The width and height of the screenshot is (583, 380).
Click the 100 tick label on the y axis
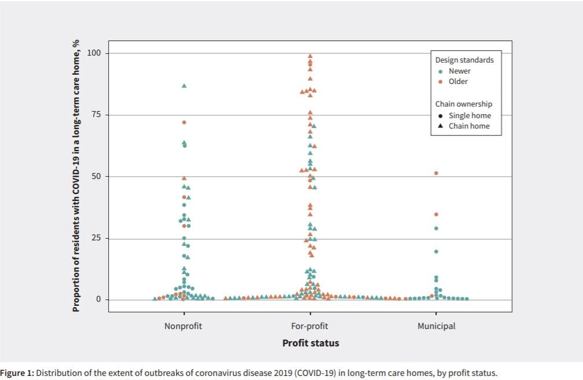94,53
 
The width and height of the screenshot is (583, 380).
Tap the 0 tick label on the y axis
98,299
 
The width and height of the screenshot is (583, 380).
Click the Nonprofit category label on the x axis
183,326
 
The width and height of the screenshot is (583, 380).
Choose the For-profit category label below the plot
310,326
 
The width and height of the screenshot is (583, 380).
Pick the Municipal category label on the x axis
436,326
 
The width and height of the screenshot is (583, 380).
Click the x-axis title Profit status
310,343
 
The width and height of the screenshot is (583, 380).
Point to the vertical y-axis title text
75,176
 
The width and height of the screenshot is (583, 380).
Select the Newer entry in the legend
460,71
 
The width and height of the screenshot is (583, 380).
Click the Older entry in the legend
458,82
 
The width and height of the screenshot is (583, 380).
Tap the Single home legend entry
469,115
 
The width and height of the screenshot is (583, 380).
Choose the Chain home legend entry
469,126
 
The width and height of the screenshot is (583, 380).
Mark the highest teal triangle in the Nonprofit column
184,86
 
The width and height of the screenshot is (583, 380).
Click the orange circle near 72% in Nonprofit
184,122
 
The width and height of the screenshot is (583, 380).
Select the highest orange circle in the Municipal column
436,173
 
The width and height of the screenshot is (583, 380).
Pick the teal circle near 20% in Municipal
436,251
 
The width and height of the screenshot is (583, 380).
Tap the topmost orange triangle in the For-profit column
310,56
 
